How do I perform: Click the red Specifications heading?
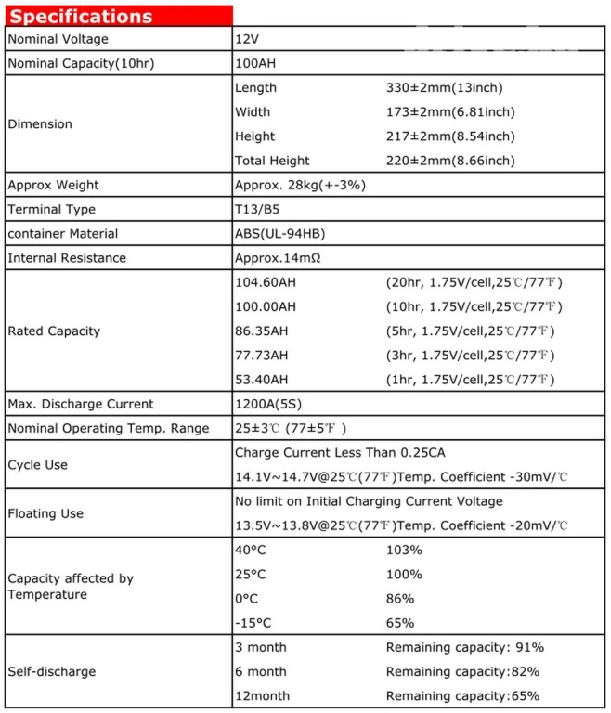click(82, 16)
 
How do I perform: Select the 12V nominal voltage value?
click(248, 39)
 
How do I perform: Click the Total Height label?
click(272, 161)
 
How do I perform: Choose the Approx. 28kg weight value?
click(300, 185)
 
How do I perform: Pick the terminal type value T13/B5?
click(258, 209)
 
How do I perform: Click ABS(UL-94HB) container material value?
click(279, 233)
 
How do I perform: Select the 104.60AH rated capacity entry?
click(266, 282)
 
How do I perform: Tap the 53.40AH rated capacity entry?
click(262, 379)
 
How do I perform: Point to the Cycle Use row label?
click(38, 464)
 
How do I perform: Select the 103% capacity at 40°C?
click(404, 550)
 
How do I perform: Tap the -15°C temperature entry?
click(253, 622)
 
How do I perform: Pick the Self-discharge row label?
click(52, 671)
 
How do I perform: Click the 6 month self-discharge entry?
click(261, 671)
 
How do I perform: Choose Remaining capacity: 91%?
click(464, 647)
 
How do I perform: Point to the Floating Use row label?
click(45, 513)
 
